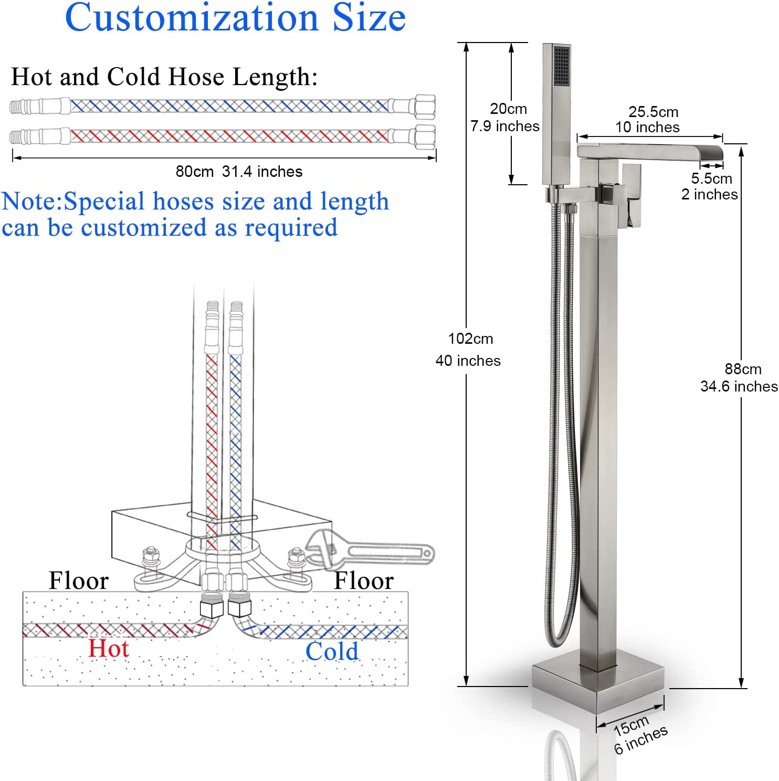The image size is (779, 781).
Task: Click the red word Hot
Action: pyautogui.click(x=108, y=648)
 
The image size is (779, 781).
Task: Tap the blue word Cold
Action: pyautogui.click(x=332, y=651)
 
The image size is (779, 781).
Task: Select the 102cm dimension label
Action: pyautogui.click(x=470, y=339)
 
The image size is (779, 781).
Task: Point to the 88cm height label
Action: pyautogui.click(x=743, y=369)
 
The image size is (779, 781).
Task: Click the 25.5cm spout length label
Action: pyautogui.click(x=654, y=112)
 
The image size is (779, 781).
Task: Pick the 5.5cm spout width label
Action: pyautogui.click(x=711, y=178)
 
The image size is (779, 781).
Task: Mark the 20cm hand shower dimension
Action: pyautogui.click(x=508, y=109)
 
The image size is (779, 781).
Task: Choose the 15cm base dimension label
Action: pyautogui.click(x=631, y=725)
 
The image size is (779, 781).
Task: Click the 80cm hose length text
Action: pyautogui.click(x=195, y=172)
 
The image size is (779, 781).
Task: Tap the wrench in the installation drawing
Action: pyautogui.click(x=370, y=551)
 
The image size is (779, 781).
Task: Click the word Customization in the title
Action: pyautogui.click(x=192, y=18)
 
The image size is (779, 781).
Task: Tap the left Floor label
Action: pyautogui.click(x=79, y=581)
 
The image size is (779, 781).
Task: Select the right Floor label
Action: pyautogui.click(x=364, y=581)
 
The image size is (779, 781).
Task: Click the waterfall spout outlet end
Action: pyautogui.click(x=715, y=153)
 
